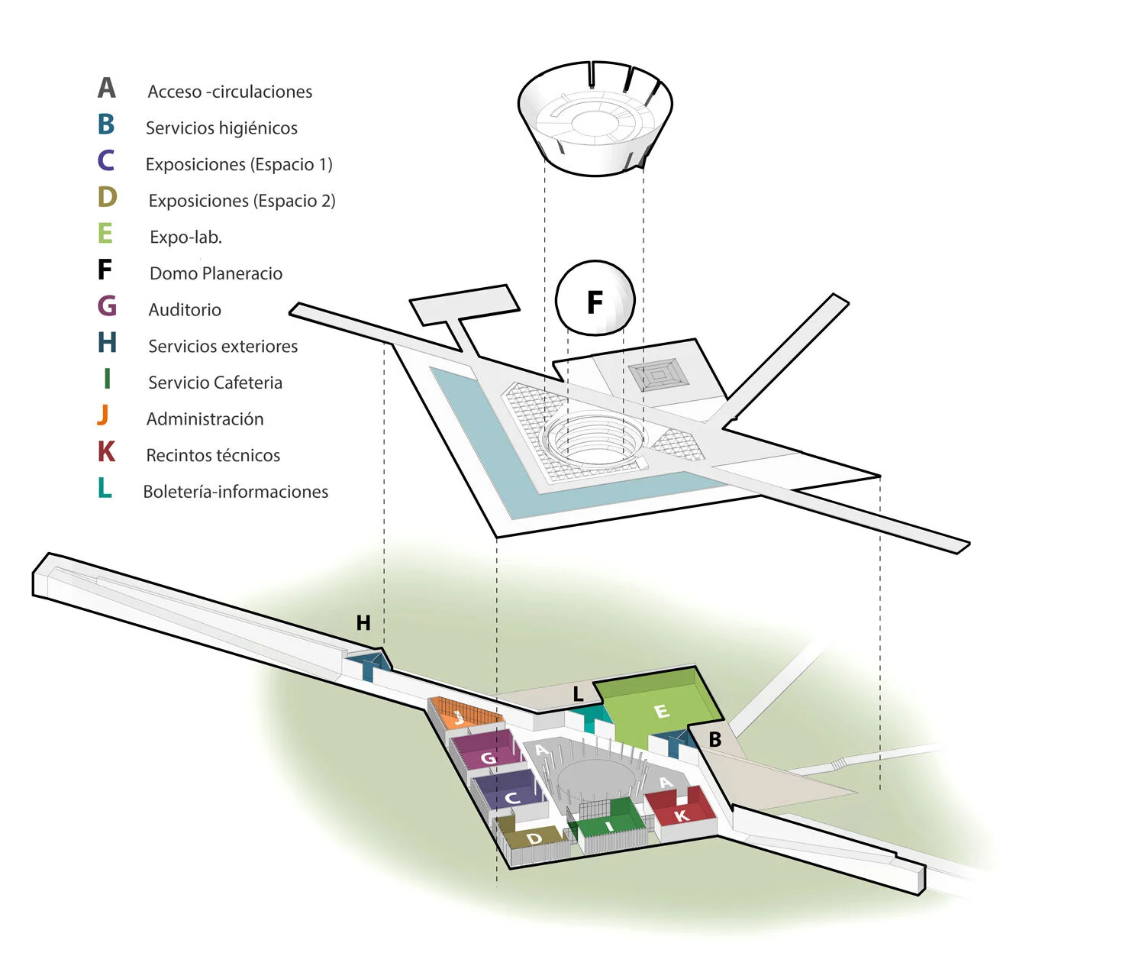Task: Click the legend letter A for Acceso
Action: [107, 89]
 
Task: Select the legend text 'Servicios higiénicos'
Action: [221, 128]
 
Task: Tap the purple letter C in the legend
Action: [106, 160]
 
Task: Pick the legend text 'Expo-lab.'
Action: [185, 237]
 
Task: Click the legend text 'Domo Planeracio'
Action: [215, 273]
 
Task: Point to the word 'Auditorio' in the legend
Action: [185, 310]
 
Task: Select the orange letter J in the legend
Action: [104, 415]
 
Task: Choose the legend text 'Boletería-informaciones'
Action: [235, 492]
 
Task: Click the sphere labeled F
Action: [595, 299]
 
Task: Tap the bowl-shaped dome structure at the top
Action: [595, 118]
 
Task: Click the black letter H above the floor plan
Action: [363, 623]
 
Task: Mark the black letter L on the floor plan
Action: [578, 694]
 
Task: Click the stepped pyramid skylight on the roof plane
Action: [658, 374]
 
